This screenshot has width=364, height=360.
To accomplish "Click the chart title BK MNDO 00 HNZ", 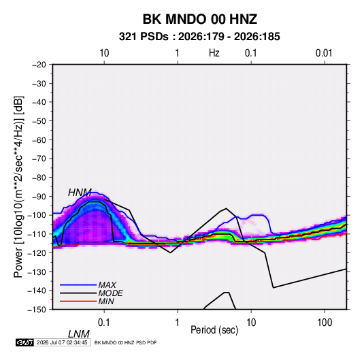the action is (x=199, y=19).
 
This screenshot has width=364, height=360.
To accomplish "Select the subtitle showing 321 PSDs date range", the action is (x=199, y=37).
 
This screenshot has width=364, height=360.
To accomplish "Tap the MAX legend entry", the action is (x=107, y=285).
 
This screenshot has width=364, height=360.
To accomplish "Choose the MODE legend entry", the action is (x=110, y=293).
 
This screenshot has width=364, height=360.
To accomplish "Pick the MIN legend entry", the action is (x=106, y=301).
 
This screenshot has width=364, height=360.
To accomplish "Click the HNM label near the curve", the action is (x=80, y=193).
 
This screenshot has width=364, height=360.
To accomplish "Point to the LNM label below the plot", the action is (x=78, y=334).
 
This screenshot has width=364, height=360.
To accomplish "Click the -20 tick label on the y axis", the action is (x=39, y=65).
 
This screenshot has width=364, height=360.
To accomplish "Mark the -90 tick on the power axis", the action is (x=39, y=197).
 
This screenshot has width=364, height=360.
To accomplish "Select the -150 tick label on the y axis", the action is (x=37, y=310).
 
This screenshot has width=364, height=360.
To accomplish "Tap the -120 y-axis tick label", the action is (x=37, y=253).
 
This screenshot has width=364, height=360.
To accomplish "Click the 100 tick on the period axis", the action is (x=325, y=323).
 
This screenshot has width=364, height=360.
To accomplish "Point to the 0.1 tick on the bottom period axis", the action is (x=104, y=323).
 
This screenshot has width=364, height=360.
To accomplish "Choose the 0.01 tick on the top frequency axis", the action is (x=324, y=53).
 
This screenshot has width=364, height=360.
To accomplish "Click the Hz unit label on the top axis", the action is (x=214, y=53).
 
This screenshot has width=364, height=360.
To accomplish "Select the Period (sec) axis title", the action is (x=214, y=330).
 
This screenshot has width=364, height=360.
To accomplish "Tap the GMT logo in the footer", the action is (x=24, y=342).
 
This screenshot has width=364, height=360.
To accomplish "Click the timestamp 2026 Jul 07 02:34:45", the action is (x=62, y=342).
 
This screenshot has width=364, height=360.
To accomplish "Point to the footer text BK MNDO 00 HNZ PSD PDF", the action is (x=126, y=342).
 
